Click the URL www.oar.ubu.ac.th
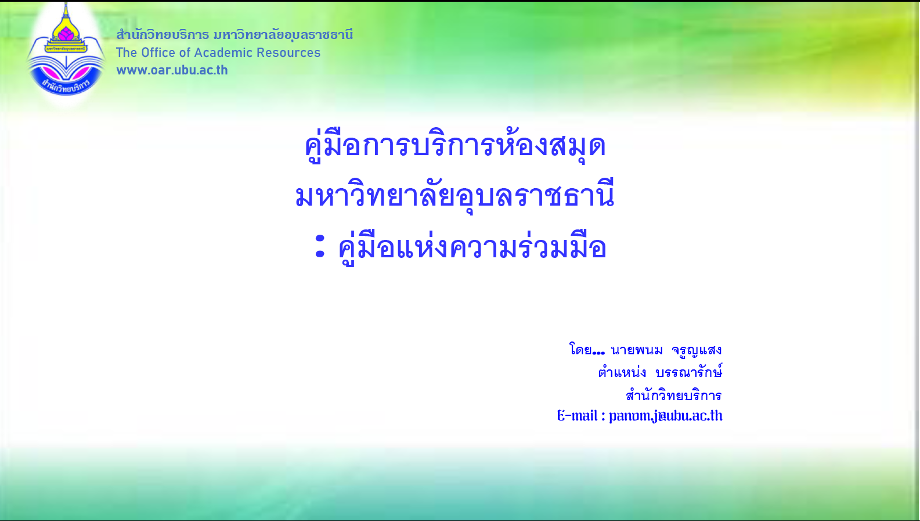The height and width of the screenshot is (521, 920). point(172,70)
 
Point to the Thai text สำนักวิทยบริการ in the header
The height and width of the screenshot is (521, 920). point(163,34)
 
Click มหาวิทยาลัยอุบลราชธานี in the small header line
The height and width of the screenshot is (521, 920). point(283,35)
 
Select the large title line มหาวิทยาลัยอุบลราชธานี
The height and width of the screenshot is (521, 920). point(454,196)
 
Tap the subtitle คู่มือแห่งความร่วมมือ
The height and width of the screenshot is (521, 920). point(472,248)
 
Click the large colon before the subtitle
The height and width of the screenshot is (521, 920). point(320,246)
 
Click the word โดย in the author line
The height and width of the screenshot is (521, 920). point(580,350)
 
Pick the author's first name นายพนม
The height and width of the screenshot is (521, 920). point(637,350)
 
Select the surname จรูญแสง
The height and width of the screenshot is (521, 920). point(697,350)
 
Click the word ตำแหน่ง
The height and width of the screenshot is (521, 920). point(622,372)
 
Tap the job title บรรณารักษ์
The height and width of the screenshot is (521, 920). point(689,372)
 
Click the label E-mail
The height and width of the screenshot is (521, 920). point(577,416)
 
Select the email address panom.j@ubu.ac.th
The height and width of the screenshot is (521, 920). point(665,416)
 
